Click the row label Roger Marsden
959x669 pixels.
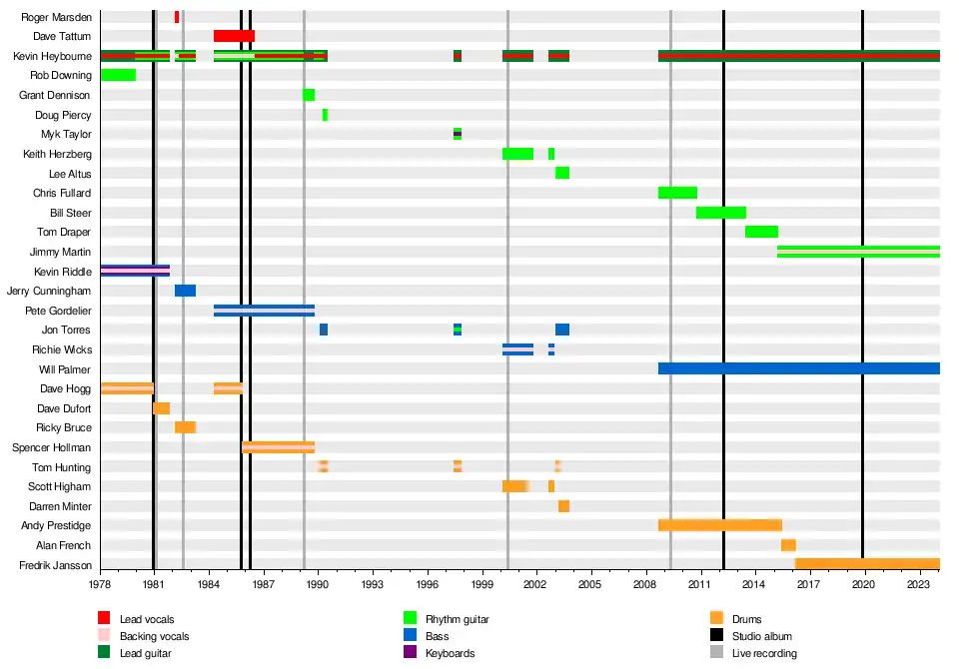(x=56, y=17)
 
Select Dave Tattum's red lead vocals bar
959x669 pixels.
(x=234, y=36)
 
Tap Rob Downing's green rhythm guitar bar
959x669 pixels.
(x=118, y=75)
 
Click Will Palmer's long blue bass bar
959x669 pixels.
(x=798, y=368)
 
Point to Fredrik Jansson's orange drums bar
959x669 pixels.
(x=866, y=564)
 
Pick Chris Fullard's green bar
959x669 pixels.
(x=677, y=193)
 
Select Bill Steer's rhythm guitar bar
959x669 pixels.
(x=720, y=213)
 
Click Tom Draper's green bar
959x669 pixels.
(x=761, y=232)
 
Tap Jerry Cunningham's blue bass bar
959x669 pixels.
(x=185, y=291)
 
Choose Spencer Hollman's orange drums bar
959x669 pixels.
(x=278, y=447)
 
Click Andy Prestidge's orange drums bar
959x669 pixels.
(x=719, y=525)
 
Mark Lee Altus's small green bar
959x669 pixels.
(x=562, y=173)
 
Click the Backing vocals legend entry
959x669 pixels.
(x=154, y=636)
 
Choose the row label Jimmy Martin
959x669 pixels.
(x=62, y=252)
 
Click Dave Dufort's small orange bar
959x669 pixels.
(x=161, y=408)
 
